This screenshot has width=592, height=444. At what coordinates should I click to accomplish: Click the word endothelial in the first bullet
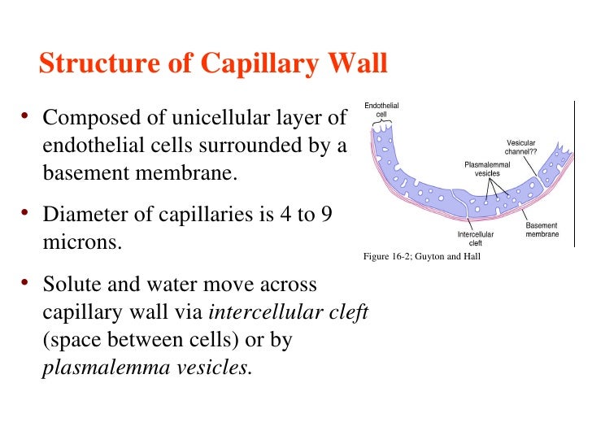(x=93, y=147)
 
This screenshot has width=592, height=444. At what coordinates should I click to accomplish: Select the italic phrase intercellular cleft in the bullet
(x=289, y=313)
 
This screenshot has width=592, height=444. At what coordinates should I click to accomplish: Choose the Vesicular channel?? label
(x=520, y=147)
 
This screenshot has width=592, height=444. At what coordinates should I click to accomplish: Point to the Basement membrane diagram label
(x=542, y=229)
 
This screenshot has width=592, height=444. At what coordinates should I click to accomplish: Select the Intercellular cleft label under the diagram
(x=476, y=237)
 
